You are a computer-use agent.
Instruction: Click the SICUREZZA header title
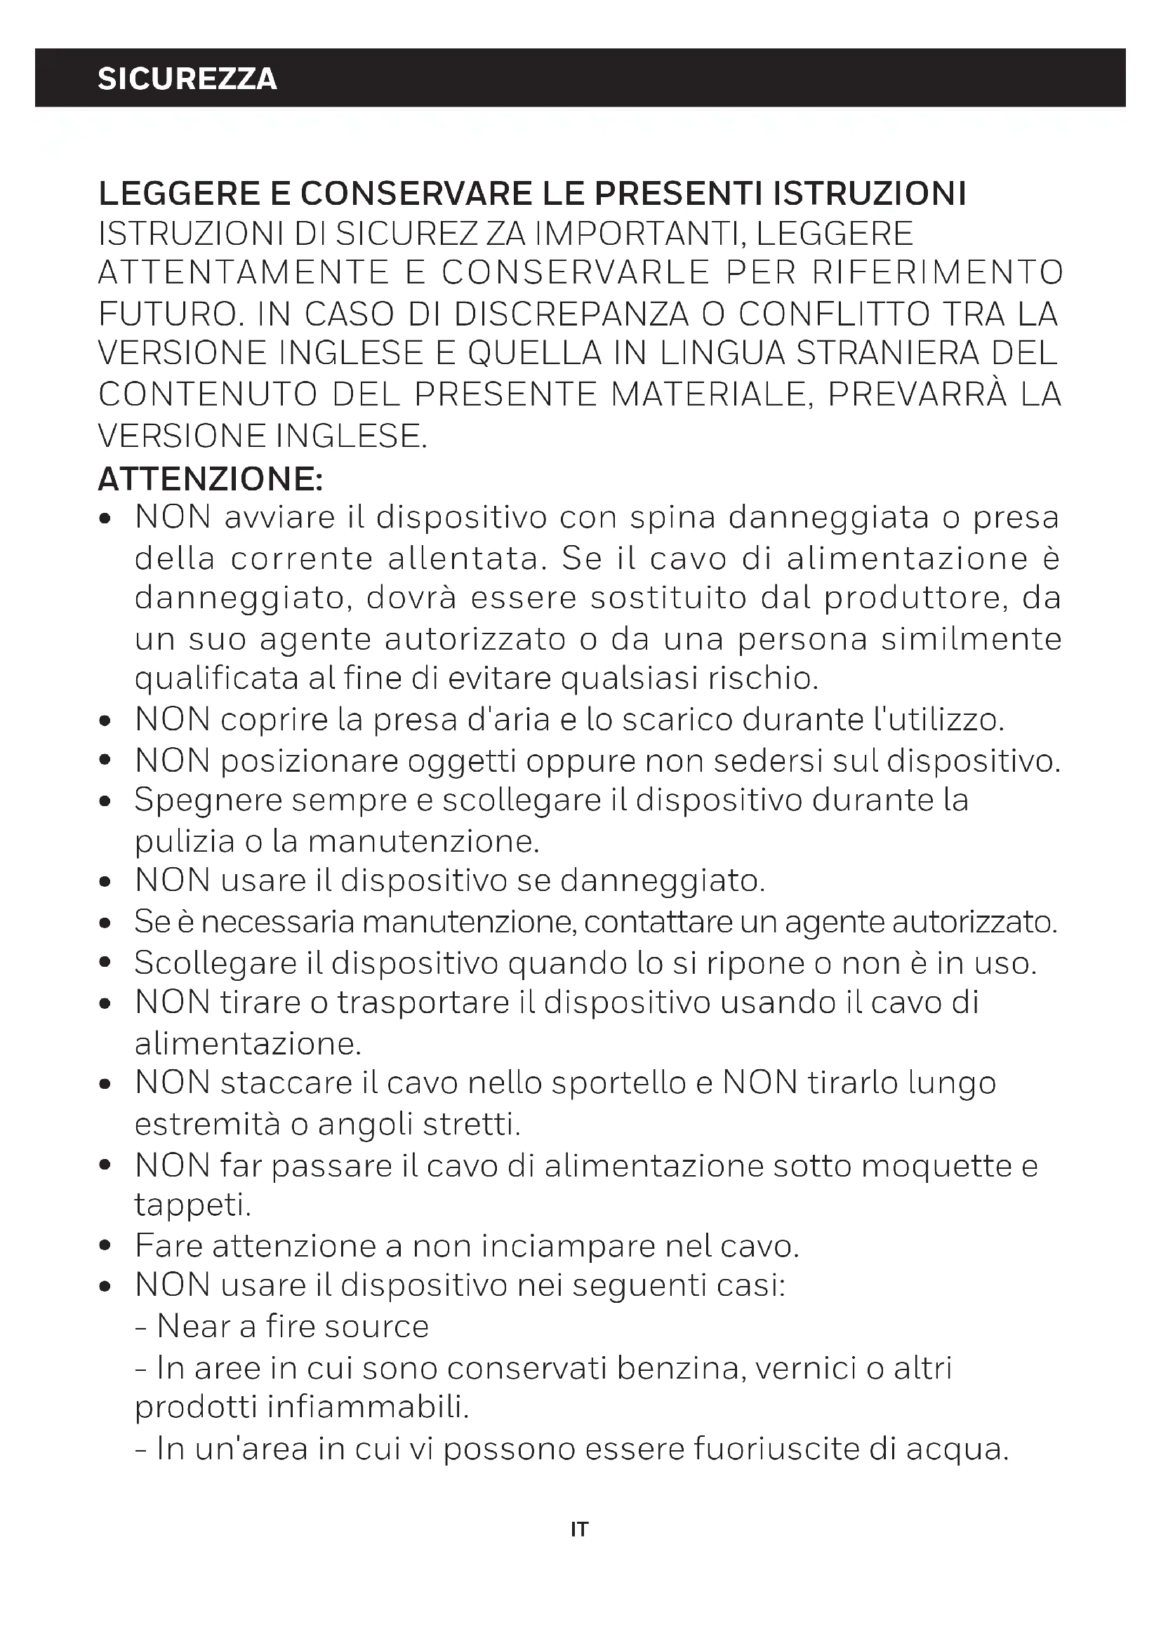[187, 79]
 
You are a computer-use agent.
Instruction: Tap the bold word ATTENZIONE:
[211, 479]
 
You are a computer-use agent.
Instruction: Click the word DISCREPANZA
[572, 314]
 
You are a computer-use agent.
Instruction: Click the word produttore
[913, 598]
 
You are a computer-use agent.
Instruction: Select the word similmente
[971, 639]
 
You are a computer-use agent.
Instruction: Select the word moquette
[936, 1166]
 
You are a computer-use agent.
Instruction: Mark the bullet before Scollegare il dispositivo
[105, 963]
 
